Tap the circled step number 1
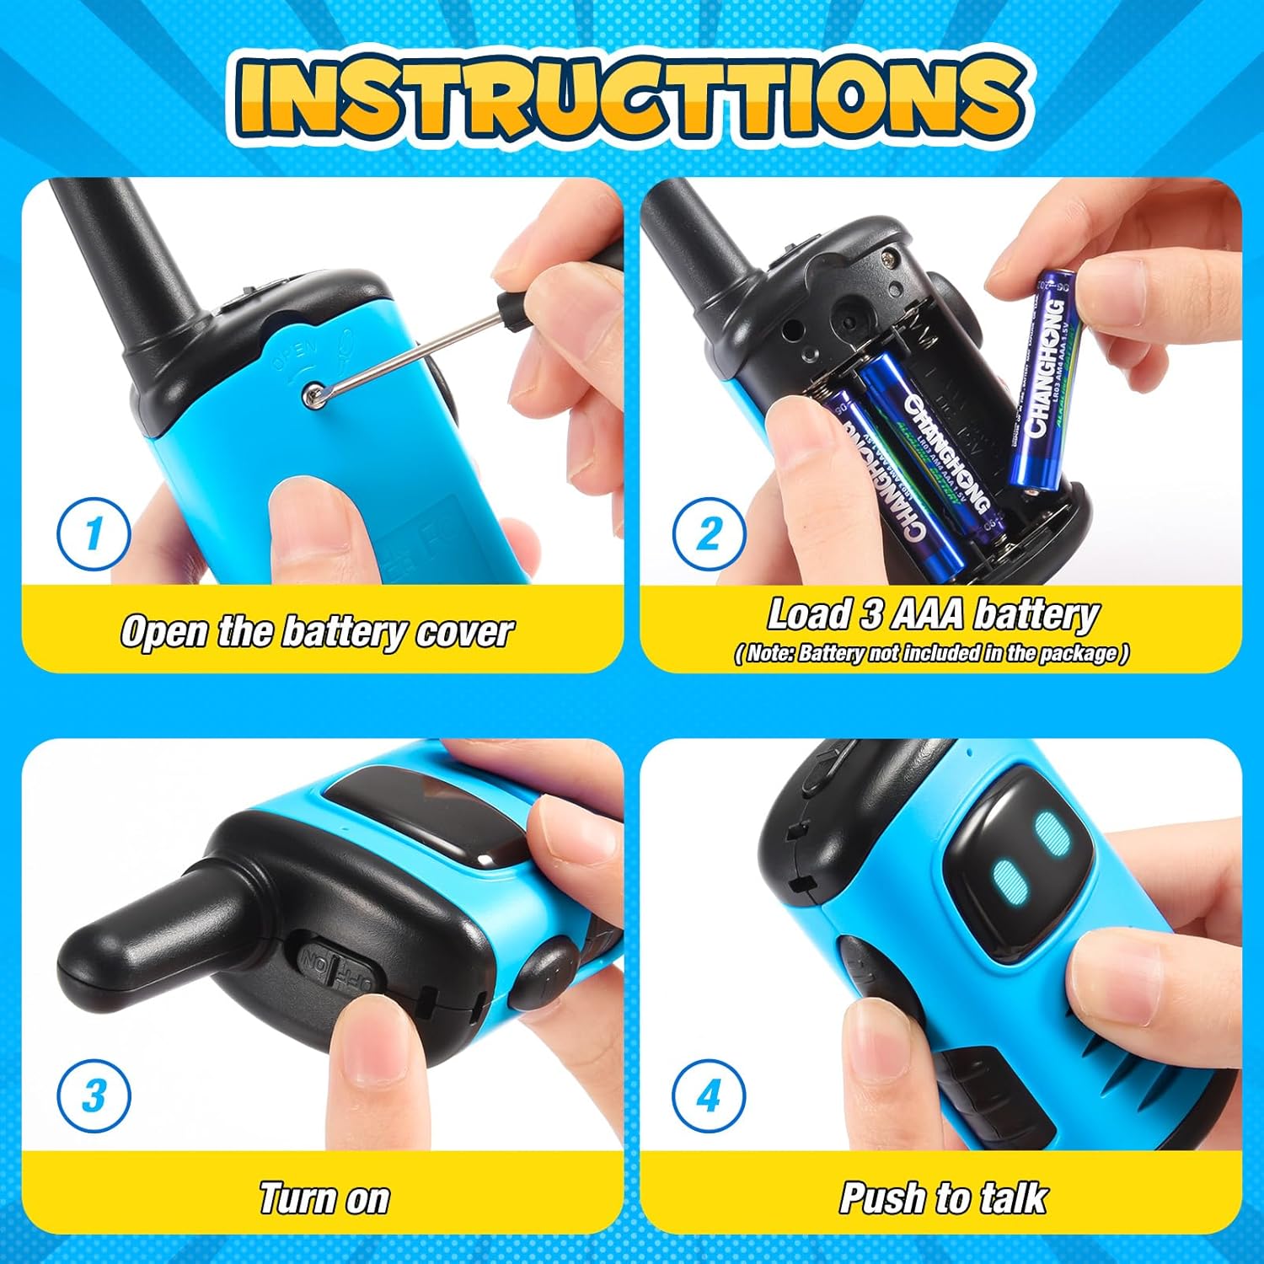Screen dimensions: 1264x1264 pyautogui.click(x=94, y=533)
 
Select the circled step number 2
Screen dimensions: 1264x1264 pyautogui.click(x=710, y=533)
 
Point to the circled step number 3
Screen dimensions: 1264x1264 pyautogui.click(x=94, y=1095)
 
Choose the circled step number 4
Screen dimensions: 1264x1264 pyautogui.click(x=710, y=1095)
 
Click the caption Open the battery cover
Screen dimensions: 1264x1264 pyautogui.click(x=317, y=632)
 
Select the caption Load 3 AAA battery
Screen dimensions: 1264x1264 pyautogui.click(x=932, y=615)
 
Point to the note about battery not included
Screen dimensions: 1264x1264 pyautogui.click(x=932, y=653)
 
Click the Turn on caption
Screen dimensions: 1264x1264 pyautogui.click(x=324, y=1198)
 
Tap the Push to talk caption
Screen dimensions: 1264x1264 pyautogui.click(x=944, y=1198)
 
